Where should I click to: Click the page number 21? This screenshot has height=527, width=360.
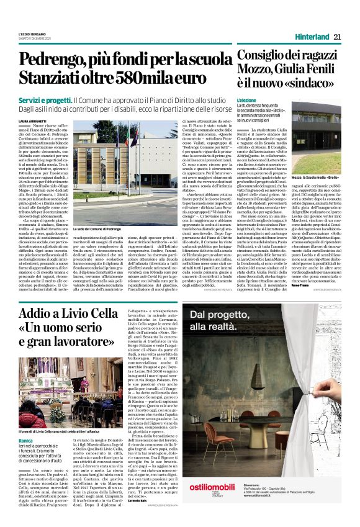(337, 37)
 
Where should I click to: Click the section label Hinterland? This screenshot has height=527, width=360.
(312, 37)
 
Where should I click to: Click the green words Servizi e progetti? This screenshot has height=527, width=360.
(54, 100)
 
